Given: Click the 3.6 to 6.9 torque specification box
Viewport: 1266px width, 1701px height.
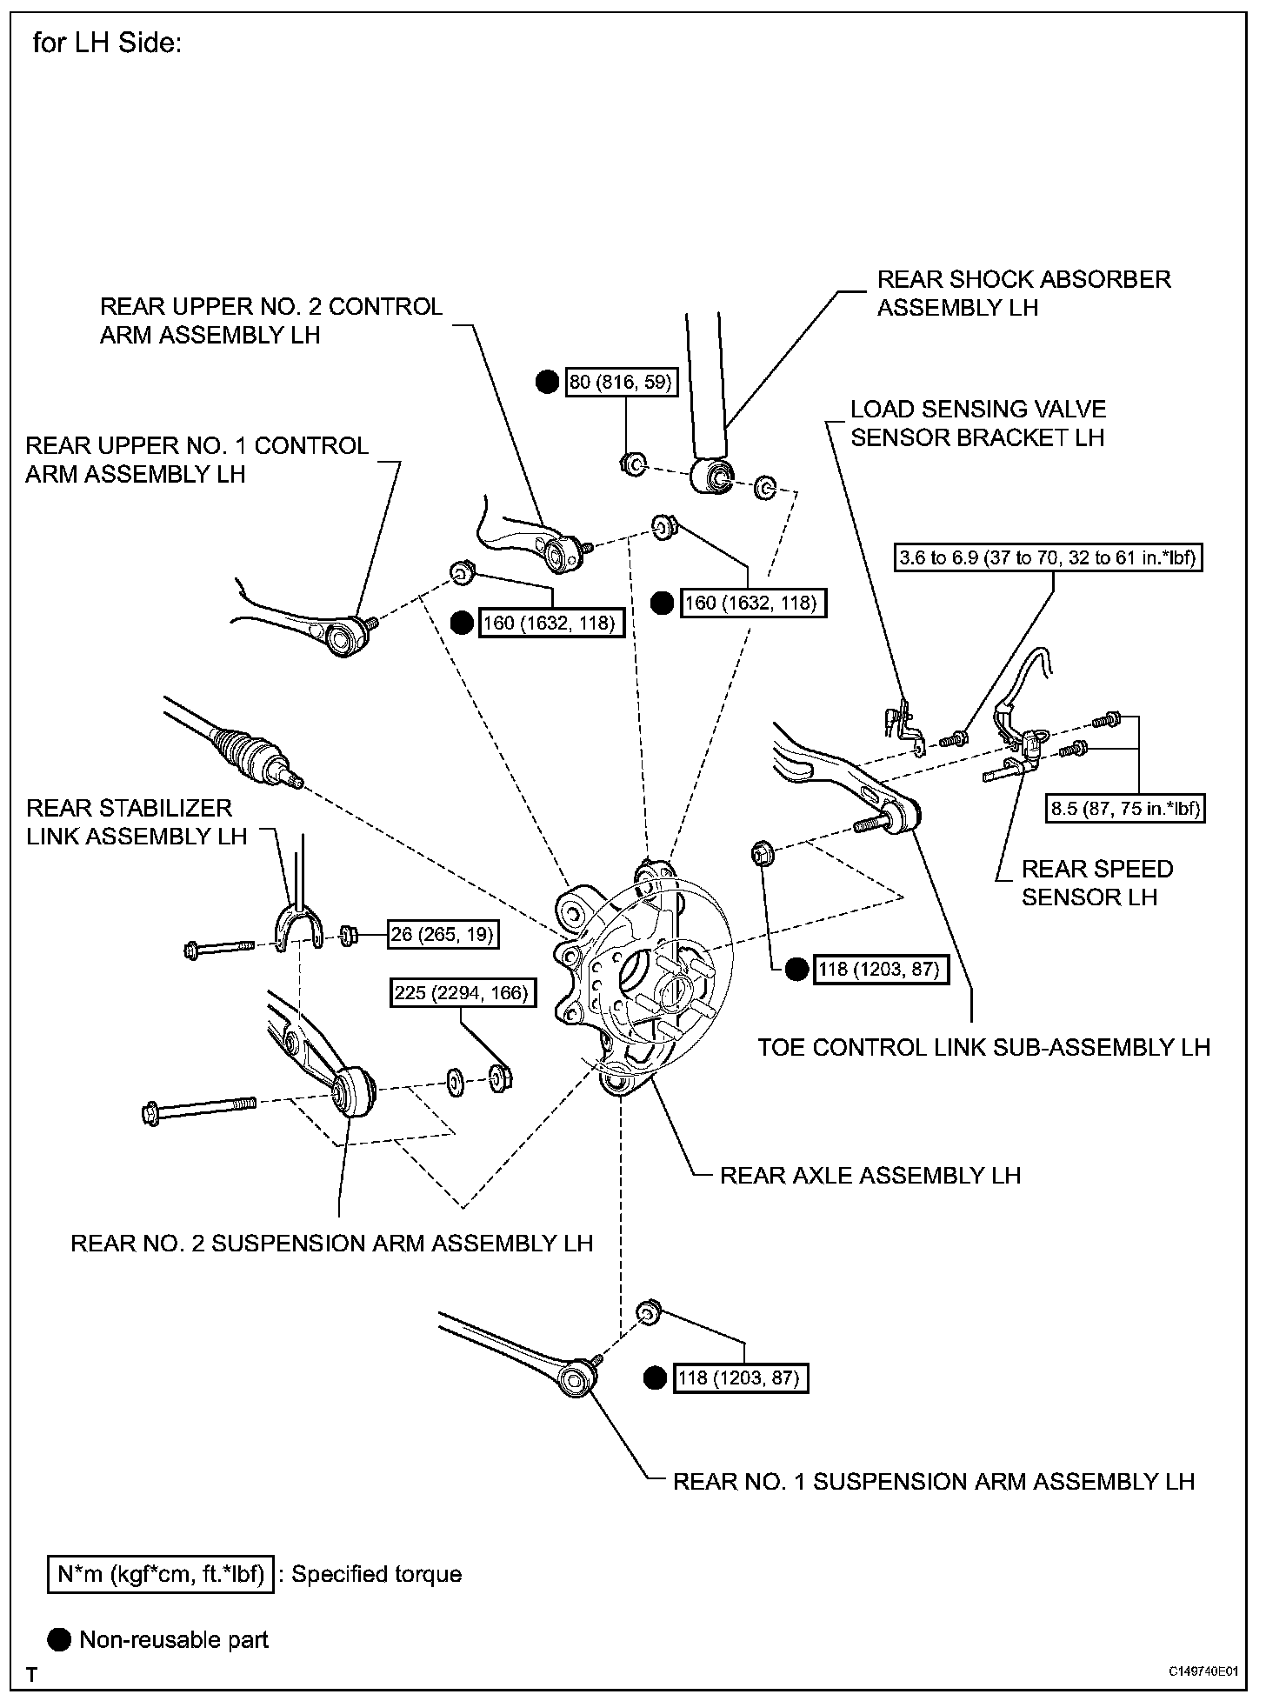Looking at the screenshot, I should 1049,557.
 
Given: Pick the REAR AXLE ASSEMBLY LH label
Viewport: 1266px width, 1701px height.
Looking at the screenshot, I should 870,1176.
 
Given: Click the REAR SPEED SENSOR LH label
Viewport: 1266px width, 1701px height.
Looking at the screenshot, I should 1096,883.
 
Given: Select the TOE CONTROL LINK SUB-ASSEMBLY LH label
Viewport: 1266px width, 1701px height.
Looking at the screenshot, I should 983,1047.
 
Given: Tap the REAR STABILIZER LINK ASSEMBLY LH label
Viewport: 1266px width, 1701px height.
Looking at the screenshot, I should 137,822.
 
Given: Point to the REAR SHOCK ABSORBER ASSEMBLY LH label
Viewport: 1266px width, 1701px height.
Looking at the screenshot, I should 1023,293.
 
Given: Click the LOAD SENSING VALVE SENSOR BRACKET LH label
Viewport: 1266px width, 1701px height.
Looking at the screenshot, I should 978,423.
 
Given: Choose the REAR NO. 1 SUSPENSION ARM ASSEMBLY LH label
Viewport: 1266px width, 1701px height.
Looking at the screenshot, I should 934,1481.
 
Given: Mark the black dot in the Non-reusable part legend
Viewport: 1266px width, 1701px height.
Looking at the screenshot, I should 60,1640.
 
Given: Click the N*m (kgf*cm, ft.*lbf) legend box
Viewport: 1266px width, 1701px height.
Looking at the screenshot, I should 161,1574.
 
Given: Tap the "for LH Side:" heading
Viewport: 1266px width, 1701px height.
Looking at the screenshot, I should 107,43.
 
